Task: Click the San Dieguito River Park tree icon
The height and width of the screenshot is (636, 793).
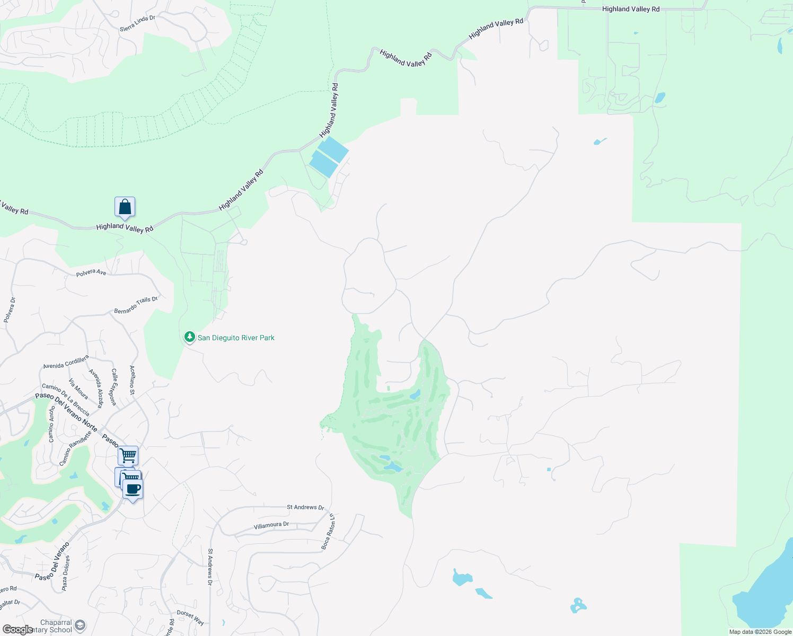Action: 189,337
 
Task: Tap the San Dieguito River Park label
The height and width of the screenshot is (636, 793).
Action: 236,338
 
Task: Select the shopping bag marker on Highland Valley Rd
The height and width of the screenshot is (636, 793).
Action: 125,207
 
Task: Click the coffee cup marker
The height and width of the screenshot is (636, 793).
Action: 133,489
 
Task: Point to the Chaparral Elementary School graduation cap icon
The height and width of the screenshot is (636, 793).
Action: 80,625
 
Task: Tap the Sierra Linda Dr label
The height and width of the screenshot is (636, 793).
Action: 137,23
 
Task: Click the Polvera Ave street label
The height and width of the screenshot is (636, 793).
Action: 91,272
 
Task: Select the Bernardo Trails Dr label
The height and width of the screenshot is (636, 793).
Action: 136,305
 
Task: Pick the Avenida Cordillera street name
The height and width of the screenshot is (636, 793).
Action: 66,363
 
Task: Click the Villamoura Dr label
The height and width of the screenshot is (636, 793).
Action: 271,525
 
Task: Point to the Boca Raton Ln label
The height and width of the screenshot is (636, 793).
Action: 328,532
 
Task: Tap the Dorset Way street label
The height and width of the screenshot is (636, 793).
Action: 190,617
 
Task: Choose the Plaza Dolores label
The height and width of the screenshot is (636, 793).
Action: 65,573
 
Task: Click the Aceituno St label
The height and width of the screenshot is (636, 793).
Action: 133,380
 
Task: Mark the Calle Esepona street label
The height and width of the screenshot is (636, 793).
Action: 113,387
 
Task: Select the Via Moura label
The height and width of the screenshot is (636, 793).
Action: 78,389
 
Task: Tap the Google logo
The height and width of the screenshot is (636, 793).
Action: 17,629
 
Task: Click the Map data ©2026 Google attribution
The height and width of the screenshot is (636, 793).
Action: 760,632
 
